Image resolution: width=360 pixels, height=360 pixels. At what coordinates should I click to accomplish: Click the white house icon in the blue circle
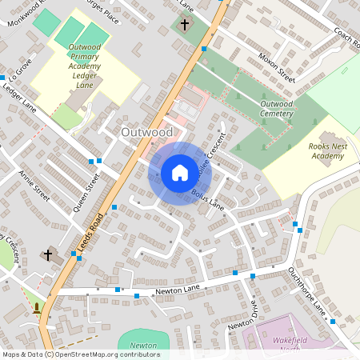180,173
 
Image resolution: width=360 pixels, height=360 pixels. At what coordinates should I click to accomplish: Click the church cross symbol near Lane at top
185,25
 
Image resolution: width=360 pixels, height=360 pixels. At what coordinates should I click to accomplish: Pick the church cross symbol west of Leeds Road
47,256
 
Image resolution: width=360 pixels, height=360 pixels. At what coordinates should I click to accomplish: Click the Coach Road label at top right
346,38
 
